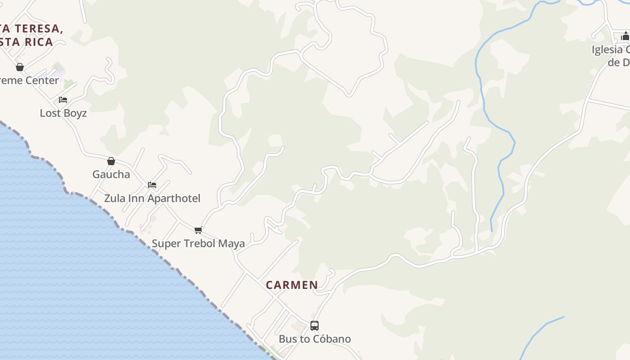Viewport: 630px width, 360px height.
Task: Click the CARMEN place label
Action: [x=292, y=285]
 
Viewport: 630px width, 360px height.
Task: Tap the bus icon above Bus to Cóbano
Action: [x=315, y=325]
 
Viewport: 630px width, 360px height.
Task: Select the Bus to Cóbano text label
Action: [x=315, y=339]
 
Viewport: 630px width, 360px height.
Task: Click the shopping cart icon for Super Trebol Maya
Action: [x=198, y=230]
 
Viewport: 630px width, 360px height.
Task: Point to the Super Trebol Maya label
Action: [x=198, y=243]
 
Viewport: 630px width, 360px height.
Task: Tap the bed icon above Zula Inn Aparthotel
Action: [x=152, y=185]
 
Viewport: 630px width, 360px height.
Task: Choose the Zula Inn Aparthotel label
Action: [x=152, y=198]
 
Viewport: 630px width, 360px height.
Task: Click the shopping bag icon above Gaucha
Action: [x=111, y=161]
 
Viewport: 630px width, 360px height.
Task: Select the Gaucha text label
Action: [x=111, y=174]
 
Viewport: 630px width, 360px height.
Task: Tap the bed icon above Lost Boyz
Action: [x=63, y=100]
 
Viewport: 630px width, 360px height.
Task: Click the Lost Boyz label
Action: [x=63, y=113]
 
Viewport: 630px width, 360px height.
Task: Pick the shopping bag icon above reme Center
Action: [x=20, y=67]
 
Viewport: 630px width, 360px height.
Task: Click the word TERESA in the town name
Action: [x=37, y=29]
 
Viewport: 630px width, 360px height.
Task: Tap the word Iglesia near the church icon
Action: [x=607, y=49]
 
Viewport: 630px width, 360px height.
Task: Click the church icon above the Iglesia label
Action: [x=625, y=36]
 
